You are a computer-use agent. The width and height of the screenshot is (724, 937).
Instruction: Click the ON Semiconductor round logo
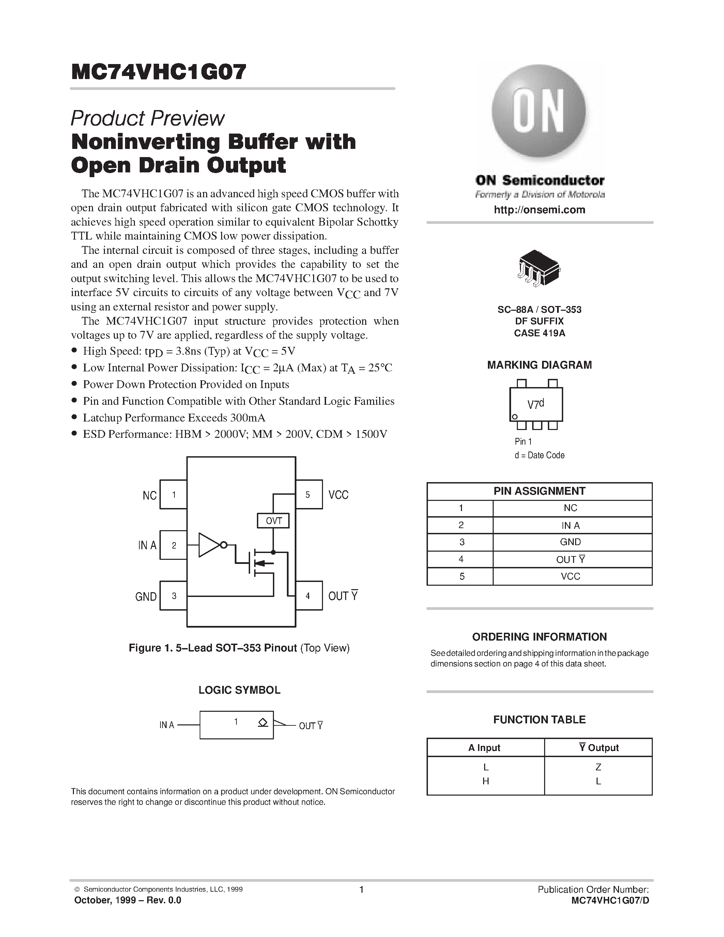point(539,111)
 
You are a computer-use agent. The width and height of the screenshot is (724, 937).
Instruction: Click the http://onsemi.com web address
point(539,210)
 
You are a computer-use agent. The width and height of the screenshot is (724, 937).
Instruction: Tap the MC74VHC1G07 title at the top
point(159,72)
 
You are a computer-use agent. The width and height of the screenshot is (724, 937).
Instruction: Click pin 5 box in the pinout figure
point(308,494)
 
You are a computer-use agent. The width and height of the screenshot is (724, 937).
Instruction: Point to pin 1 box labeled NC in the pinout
point(173,494)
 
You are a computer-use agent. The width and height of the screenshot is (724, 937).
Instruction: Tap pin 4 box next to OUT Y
point(308,596)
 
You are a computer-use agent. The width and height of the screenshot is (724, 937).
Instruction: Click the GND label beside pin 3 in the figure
point(146,596)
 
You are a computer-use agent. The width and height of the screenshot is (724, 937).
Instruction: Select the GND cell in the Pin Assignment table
point(570,542)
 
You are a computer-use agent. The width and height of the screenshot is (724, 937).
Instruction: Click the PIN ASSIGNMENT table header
point(539,491)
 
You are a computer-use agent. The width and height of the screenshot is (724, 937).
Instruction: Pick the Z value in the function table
point(598,767)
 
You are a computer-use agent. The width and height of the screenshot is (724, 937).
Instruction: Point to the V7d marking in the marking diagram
point(535,404)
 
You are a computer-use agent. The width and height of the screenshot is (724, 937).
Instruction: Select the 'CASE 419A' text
point(539,333)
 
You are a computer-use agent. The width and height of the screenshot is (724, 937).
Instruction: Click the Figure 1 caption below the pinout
point(239,648)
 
